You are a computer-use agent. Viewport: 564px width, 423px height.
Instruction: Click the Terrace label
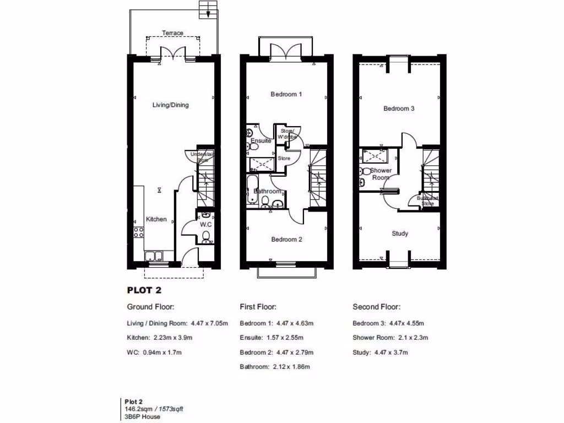click(172, 33)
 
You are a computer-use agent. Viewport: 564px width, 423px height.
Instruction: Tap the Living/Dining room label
click(171, 105)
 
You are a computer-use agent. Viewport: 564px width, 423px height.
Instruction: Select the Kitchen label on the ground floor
click(156, 219)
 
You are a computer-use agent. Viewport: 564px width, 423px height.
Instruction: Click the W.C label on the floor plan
click(206, 225)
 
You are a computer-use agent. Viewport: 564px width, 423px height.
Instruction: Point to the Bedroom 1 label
click(286, 94)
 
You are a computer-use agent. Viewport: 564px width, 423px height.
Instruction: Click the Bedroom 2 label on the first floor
click(286, 240)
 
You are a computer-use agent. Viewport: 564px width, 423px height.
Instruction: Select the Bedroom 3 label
click(399, 109)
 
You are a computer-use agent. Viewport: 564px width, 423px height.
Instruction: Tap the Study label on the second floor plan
click(400, 234)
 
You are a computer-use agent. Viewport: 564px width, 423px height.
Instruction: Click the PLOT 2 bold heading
click(144, 290)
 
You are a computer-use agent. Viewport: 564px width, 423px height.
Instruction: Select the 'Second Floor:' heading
click(377, 307)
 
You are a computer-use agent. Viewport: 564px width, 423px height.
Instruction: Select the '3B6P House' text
click(143, 417)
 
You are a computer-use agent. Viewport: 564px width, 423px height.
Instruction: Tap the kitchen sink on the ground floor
click(153, 256)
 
